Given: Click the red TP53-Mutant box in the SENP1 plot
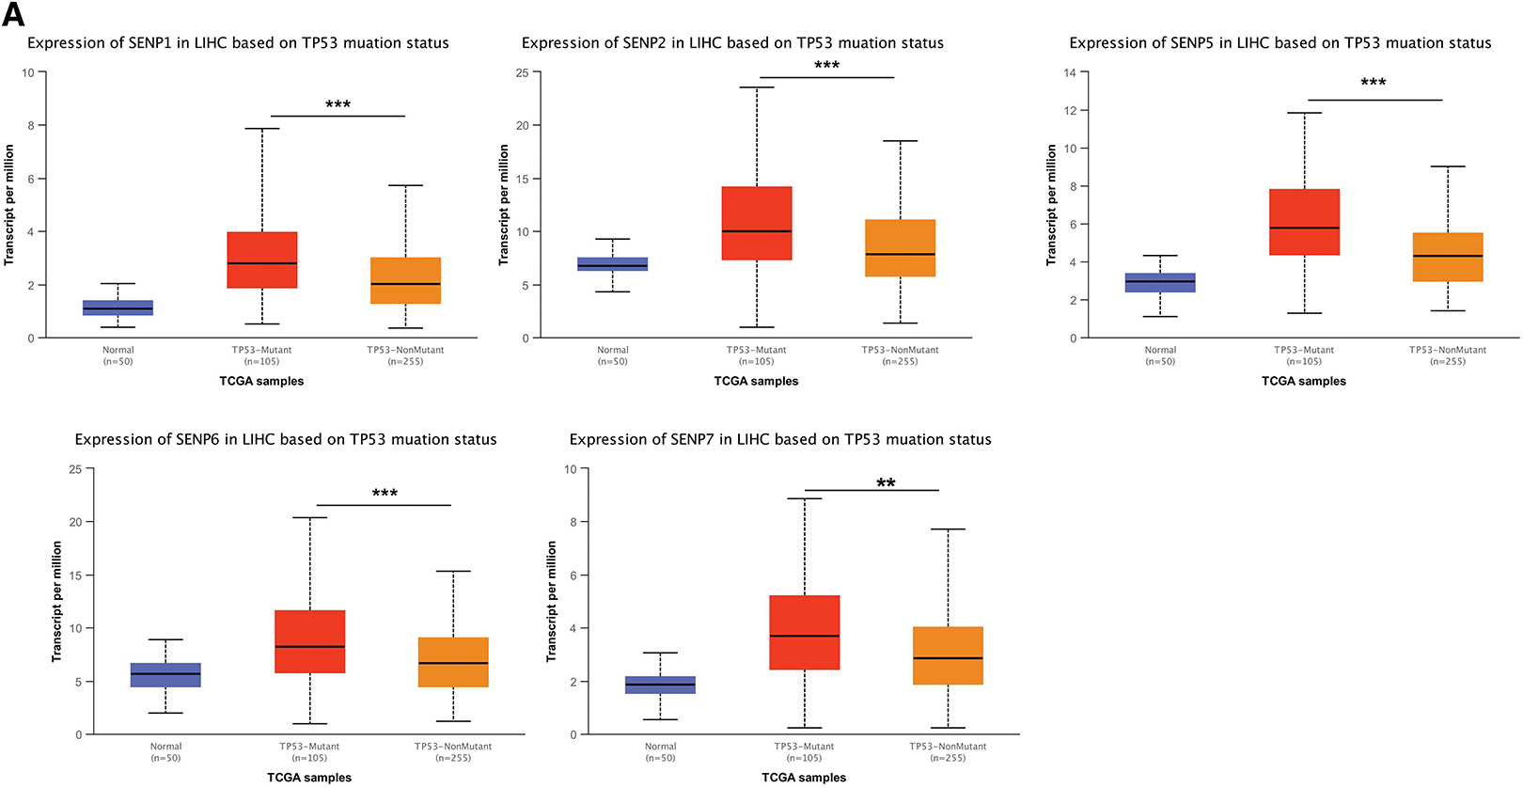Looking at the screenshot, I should point(262,260).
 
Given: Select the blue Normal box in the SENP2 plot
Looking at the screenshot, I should point(612,264).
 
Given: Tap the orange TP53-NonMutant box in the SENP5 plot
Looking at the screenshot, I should point(1448,257).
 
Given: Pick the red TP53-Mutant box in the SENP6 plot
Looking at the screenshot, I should point(309,641).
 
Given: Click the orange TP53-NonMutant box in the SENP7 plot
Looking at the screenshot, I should point(948,655).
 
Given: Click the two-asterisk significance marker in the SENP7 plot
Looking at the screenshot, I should point(886,483).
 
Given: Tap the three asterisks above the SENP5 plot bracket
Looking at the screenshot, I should point(1373,83).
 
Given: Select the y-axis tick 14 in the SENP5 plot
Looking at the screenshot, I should point(1070,72).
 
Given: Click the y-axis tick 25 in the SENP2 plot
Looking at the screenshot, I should point(522,72).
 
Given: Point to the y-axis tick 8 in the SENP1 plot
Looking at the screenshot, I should point(30,125).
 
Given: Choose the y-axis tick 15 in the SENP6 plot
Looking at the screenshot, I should point(75,575).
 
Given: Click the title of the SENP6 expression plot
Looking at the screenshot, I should point(286,439).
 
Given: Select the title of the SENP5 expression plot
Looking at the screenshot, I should point(1280,43).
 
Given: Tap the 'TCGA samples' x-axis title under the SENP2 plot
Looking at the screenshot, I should point(756,381).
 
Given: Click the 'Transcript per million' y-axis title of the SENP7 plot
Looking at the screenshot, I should point(552,601).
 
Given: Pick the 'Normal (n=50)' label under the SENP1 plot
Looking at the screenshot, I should point(118,355).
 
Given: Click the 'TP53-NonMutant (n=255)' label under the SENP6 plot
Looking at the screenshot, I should point(453,752).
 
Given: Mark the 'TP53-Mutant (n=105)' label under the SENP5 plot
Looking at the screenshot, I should point(1303,355).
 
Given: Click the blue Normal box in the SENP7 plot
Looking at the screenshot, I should point(660,685).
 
